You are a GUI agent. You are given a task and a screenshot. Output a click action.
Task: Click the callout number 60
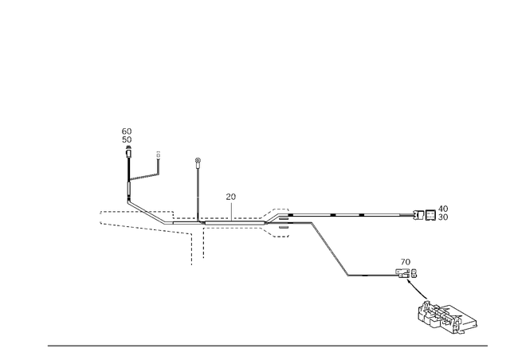127,131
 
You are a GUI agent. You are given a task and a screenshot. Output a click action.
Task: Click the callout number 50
127,140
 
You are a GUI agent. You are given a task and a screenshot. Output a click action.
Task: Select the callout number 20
230,197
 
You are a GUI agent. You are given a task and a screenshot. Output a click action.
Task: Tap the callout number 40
443,209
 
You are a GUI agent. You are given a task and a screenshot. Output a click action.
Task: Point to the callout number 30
443,217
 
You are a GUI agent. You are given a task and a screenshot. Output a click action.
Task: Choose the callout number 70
406,262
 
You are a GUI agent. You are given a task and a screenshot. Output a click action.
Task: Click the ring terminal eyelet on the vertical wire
198,160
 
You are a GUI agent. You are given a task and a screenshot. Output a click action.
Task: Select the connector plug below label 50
129,152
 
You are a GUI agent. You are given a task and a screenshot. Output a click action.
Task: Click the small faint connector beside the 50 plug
159,155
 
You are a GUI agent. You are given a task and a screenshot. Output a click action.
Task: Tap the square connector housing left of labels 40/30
430,215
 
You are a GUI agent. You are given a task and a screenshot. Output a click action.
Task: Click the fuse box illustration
447,318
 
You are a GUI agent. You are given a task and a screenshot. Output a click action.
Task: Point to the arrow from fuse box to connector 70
417,289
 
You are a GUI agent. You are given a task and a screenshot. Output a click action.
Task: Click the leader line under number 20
231,212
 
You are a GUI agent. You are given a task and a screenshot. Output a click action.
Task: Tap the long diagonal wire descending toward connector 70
330,249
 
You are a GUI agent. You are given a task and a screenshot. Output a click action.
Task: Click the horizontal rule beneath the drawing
268,346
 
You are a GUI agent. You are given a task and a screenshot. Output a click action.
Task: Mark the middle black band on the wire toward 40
333,215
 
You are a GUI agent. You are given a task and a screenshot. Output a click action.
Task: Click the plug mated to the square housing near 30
418,215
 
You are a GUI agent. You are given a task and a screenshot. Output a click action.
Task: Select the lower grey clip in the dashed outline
284,227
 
